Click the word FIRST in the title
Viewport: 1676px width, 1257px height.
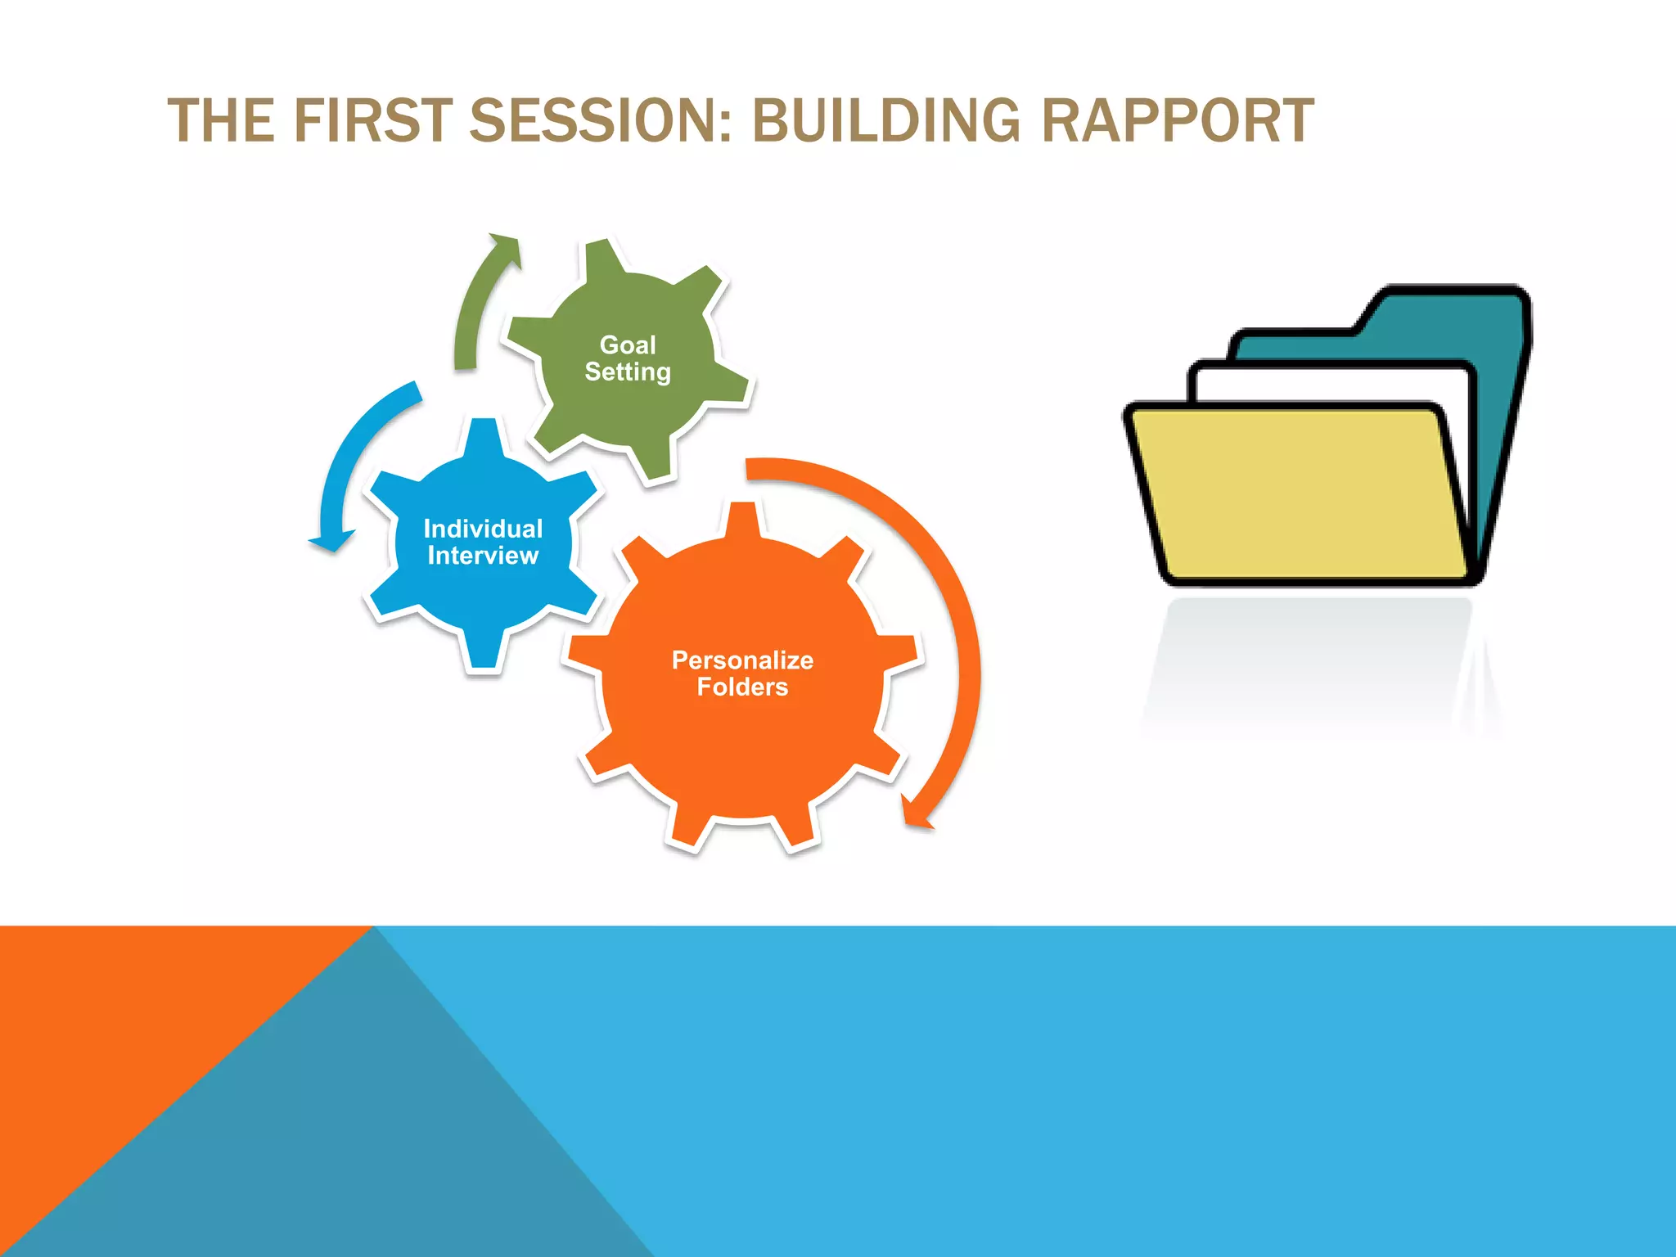point(372,120)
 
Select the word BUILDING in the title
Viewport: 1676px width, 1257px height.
point(885,120)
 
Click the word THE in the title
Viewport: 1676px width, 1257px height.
point(221,120)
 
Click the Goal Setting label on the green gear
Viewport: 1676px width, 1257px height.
point(628,358)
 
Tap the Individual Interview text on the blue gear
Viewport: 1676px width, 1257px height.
point(483,542)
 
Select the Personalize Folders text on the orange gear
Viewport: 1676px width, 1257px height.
point(742,673)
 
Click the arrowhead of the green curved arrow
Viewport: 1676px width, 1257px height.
point(506,247)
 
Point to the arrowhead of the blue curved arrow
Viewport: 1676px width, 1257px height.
point(331,542)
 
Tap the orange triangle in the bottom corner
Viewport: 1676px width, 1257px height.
point(123,1023)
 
